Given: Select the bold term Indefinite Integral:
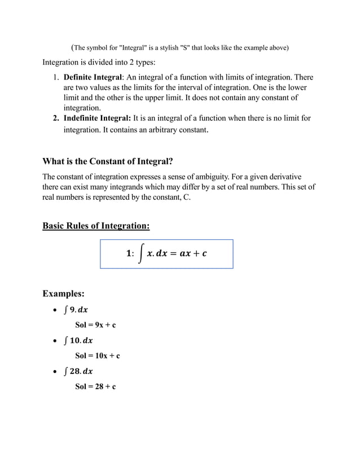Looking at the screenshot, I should coord(97,118).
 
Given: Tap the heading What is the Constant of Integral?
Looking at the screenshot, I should coord(107,161).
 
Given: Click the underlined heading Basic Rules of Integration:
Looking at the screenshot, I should coord(96,226).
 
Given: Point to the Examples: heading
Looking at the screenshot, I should coord(64,293).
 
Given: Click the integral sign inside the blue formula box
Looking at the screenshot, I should coord(139,254).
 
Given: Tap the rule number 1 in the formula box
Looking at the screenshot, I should coord(129,254).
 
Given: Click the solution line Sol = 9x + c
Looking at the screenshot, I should coord(95,325).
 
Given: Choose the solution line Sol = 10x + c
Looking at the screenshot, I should coord(98,355).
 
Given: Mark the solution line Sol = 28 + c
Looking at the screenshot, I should coord(95,386).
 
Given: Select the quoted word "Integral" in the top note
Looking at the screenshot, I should coord(136,47).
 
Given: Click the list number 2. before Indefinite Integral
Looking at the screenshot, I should coord(56,118).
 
